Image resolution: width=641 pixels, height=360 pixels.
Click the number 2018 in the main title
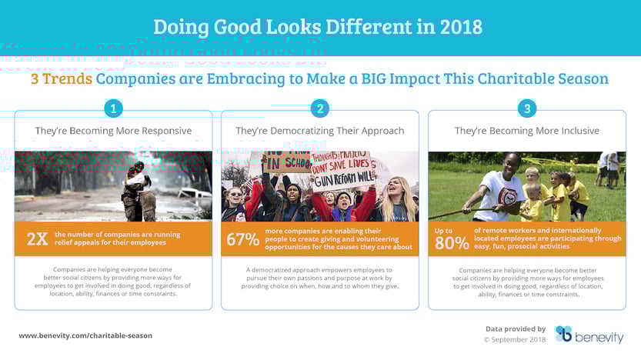point(461,27)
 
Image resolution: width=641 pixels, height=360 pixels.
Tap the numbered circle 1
point(113,109)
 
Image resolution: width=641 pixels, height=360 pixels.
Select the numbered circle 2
point(320,109)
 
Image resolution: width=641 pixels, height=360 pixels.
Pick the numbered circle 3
point(526,109)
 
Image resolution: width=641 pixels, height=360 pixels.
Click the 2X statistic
point(37,239)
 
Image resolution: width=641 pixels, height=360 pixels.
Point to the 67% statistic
point(242,239)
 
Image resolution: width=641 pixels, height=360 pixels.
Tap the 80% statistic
point(451,243)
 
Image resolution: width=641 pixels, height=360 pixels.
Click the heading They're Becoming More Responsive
point(113,131)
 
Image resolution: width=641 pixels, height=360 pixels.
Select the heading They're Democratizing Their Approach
point(320,131)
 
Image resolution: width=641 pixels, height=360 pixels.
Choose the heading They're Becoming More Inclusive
point(526,131)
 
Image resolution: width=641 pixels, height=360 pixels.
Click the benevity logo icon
point(564,334)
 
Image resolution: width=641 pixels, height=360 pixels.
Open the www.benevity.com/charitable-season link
point(85,335)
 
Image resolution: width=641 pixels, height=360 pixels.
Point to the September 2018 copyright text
point(515,338)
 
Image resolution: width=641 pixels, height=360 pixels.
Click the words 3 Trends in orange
point(62,78)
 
